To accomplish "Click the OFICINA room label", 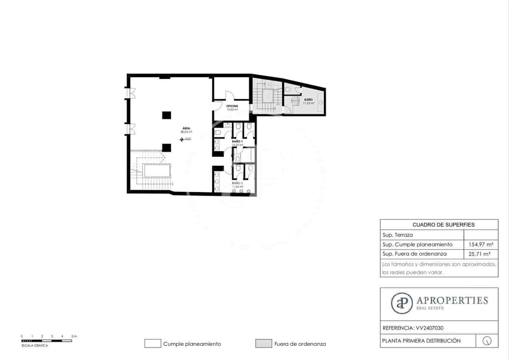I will pos(232,106).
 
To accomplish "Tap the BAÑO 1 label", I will pos(237,141).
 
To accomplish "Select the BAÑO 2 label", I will pos(237,183).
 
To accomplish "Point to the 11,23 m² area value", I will pos(308,103).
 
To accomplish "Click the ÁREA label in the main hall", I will pos(186,128).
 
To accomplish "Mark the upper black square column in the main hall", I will pos(167,115).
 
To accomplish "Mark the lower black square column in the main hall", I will pos(167,148).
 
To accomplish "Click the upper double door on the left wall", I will pos(130,93).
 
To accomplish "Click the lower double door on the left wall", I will pos(130,129).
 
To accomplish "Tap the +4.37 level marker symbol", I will pos(182,138).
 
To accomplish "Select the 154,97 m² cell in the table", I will pos(481,244).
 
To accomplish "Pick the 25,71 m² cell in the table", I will pos(479,254).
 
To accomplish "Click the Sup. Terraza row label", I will pos(397,235).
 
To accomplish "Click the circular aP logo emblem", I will pos(402,303).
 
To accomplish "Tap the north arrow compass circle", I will pos(487,341).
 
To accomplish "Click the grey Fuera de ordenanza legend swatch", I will pos(264,344).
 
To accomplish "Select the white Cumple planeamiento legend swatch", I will pos(153,344).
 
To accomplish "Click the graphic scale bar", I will pos(47,341).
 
